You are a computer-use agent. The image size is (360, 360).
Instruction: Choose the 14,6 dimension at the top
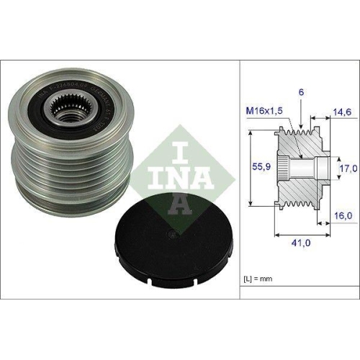[x=341, y=113]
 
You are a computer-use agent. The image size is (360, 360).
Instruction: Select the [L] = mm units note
[x=257, y=277]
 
